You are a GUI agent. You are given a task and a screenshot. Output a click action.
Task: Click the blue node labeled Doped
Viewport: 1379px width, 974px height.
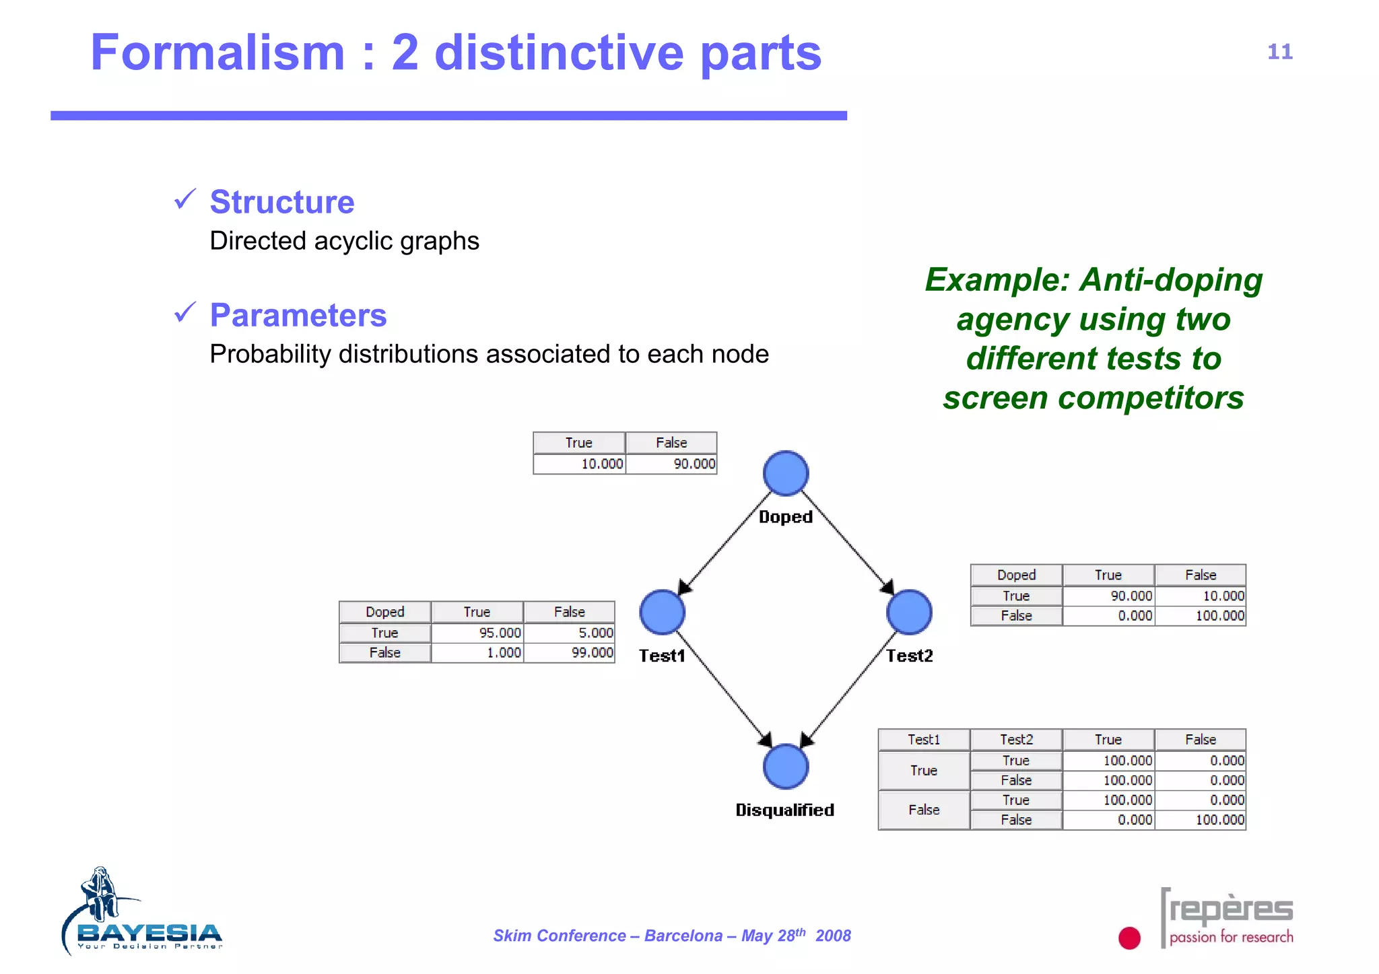point(785,473)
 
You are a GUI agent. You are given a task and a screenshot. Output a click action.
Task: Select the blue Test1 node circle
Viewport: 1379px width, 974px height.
point(662,612)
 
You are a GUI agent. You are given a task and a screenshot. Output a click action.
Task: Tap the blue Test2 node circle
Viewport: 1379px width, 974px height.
point(909,612)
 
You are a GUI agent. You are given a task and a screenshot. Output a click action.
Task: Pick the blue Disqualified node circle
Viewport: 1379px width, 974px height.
point(785,766)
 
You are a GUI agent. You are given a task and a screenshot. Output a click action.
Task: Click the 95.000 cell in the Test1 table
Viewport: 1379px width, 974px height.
point(477,633)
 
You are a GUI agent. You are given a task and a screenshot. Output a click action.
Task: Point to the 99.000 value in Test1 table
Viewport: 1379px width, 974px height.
point(570,652)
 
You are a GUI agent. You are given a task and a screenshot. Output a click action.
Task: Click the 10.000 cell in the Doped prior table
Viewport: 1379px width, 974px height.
point(580,464)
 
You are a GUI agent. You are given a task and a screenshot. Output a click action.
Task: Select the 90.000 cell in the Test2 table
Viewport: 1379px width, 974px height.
point(1109,596)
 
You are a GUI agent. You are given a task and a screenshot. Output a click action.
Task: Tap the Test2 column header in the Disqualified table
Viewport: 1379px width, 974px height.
point(1016,739)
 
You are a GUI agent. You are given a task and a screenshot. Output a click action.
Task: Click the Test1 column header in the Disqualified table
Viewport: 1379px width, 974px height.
point(924,739)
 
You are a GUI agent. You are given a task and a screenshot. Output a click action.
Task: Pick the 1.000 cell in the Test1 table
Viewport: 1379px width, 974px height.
point(477,652)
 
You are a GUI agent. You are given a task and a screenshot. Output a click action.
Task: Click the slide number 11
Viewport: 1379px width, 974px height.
point(1279,52)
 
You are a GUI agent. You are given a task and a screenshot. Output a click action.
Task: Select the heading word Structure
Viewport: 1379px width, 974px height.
point(282,202)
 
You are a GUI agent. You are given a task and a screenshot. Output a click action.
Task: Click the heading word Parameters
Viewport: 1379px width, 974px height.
point(298,315)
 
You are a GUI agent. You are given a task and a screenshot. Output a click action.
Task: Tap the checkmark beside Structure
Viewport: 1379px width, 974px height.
point(185,199)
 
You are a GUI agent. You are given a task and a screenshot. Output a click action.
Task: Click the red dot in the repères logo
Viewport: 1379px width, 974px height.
point(1129,938)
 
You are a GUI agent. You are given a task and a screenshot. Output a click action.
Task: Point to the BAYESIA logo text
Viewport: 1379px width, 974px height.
point(149,933)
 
